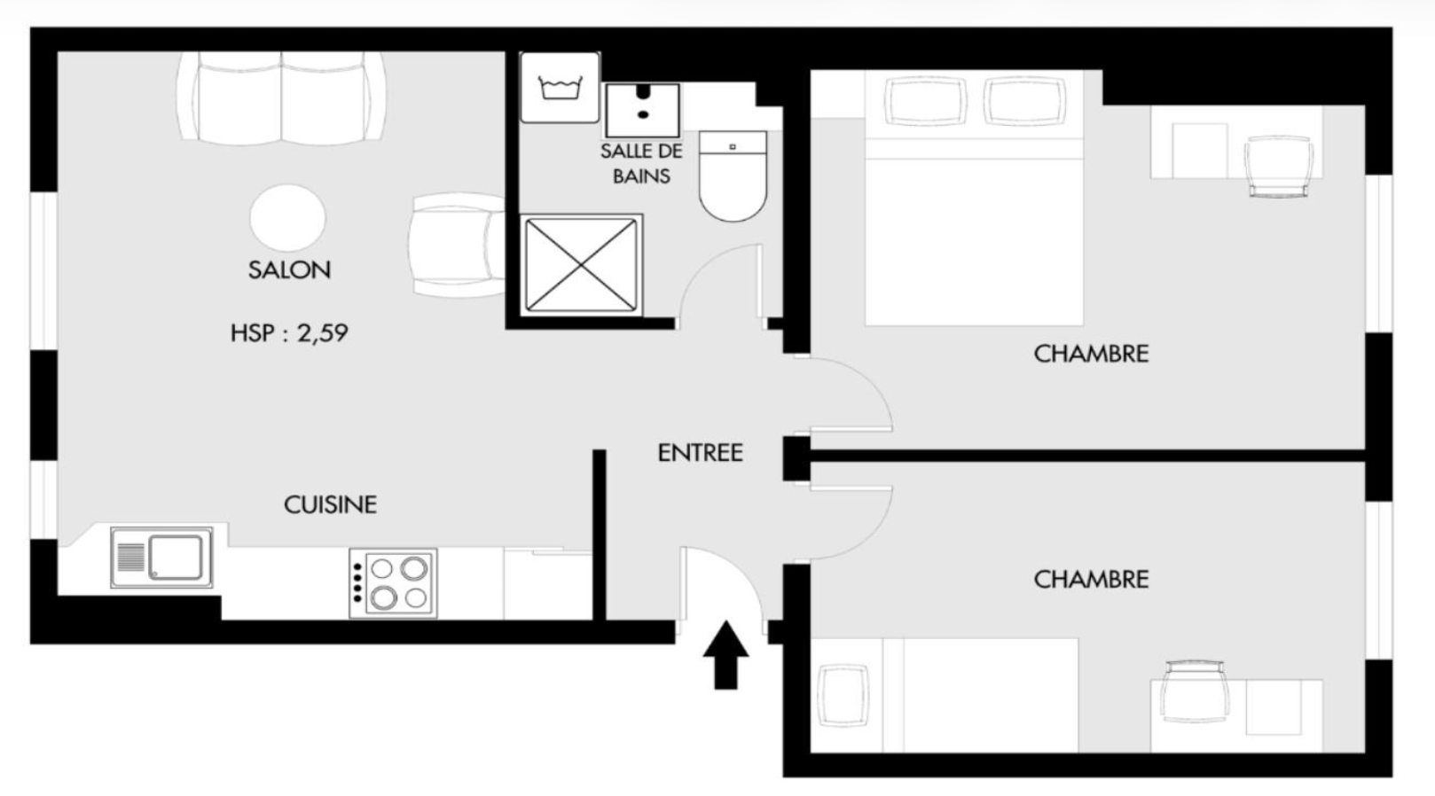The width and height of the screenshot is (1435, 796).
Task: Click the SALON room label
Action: click(x=289, y=270)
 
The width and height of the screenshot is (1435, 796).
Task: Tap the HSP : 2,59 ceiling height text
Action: click(x=289, y=333)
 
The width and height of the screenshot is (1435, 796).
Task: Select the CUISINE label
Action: click(x=330, y=504)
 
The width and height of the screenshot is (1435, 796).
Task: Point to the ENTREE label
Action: click(x=700, y=453)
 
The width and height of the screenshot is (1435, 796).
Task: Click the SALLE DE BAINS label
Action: click(x=641, y=163)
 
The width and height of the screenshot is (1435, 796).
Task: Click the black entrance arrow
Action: click(x=725, y=654)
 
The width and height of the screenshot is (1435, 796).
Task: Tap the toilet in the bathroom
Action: click(x=733, y=176)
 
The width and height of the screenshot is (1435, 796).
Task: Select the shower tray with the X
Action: click(x=581, y=264)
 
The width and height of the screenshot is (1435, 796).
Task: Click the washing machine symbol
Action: click(x=561, y=87)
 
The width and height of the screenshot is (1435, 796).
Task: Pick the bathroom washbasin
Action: click(x=642, y=110)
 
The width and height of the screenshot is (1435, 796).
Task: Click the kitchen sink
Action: click(x=161, y=558)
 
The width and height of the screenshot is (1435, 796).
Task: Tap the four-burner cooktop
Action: click(x=393, y=582)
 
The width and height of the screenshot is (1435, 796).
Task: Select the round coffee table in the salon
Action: click(x=287, y=218)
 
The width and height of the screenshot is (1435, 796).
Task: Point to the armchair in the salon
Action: click(x=458, y=245)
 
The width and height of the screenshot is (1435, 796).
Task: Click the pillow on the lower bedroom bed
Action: click(x=844, y=695)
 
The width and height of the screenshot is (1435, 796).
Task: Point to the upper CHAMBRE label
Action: click(x=1091, y=354)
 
